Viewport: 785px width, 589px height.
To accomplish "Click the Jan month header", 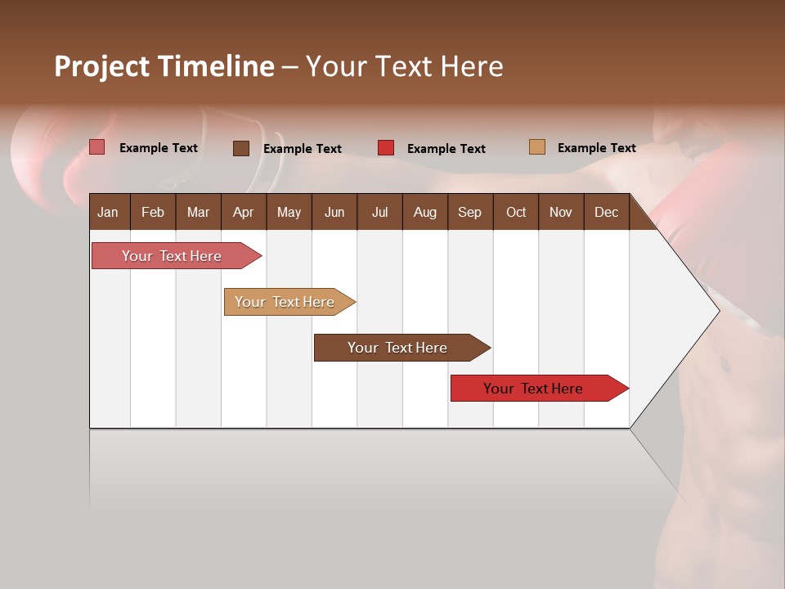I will click(108, 212).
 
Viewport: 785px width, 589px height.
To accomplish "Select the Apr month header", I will click(243, 212).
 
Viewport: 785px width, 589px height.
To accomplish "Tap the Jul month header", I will click(379, 212).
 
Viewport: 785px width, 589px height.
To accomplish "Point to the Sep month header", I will click(469, 212).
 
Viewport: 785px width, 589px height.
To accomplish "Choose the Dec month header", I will click(606, 212).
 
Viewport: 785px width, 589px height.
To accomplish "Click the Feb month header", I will click(153, 212).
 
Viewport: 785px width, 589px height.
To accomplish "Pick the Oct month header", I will click(516, 212).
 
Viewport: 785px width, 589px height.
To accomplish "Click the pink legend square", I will click(96, 147).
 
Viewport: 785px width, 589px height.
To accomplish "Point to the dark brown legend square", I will click(241, 148).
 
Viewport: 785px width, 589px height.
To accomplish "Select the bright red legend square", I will click(386, 148).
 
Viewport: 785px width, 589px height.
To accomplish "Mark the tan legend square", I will click(537, 147).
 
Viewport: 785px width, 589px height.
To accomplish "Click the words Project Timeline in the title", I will click(164, 66).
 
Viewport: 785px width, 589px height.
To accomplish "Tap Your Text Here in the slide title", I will click(405, 66).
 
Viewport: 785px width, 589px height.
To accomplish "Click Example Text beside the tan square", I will click(596, 148).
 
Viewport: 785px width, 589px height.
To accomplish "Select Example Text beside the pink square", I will click(159, 148).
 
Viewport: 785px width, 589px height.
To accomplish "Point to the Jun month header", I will click(334, 212).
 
